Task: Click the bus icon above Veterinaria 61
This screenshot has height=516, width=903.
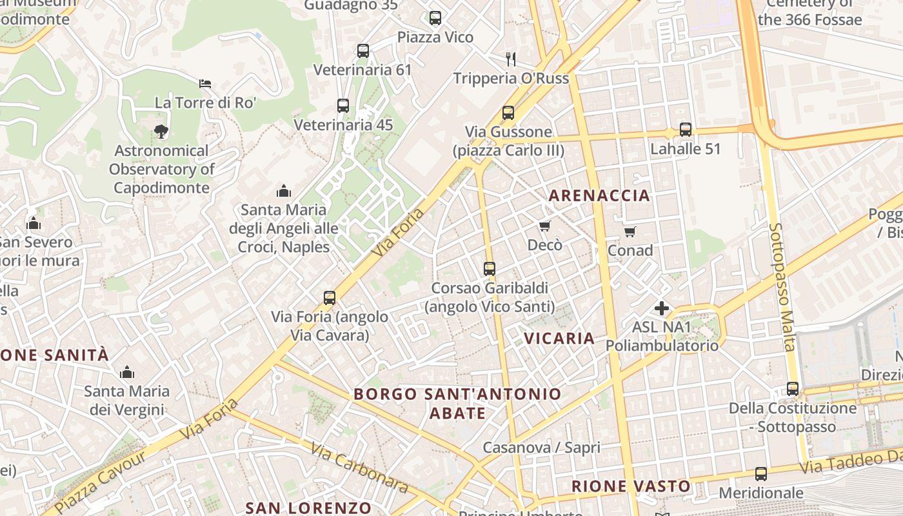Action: click(x=363, y=51)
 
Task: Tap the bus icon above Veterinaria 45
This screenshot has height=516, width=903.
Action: click(x=343, y=106)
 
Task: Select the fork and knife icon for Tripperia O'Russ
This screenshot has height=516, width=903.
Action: click(x=511, y=59)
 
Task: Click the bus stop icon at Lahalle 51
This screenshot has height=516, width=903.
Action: click(x=686, y=130)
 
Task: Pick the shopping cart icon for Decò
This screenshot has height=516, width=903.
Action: click(x=545, y=226)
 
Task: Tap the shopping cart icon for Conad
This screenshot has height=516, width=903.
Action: click(x=630, y=231)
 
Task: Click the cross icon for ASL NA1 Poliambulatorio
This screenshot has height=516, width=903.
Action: click(x=662, y=308)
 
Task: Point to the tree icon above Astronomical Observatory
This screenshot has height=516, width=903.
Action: click(x=161, y=132)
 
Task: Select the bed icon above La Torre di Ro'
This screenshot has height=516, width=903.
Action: click(x=205, y=84)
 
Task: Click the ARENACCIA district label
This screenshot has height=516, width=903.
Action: click(x=599, y=195)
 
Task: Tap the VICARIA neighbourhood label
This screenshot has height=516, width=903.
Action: click(x=559, y=339)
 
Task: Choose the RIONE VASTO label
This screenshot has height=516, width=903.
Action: click(x=631, y=486)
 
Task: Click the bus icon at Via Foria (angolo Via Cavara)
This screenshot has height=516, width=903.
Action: click(x=330, y=298)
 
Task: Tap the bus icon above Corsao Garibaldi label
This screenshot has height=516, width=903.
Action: click(x=490, y=269)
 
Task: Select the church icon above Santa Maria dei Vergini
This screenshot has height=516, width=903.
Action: click(x=127, y=372)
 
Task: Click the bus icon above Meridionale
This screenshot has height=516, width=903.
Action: click(x=761, y=474)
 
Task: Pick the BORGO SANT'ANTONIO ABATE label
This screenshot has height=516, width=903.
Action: click(x=457, y=403)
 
